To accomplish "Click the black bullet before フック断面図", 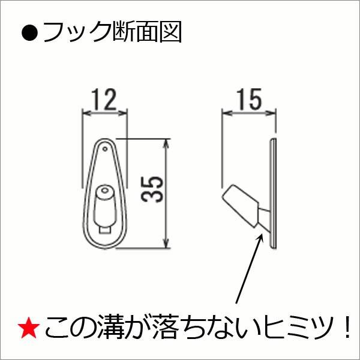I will (29, 32).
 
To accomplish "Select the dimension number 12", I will (104, 100).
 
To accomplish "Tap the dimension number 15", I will (248, 99).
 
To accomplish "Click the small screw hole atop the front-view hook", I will (105, 146).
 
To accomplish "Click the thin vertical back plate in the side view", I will (274, 192).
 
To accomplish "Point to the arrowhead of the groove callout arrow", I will (262, 235).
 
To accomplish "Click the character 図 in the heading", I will (171, 32).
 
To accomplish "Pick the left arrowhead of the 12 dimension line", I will (85, 112).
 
